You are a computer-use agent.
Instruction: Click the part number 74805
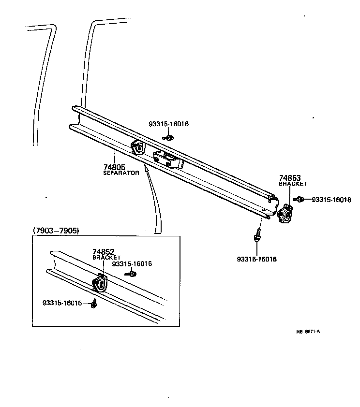[x=114, y=167]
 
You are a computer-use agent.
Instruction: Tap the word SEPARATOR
[x=121, y=173]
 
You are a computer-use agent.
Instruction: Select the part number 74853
[x=289, y=178]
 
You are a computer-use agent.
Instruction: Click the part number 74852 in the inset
[x=103, y=252]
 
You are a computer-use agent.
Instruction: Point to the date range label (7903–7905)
[x=56, y=231]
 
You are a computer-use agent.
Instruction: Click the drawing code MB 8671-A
[x=309, y=332]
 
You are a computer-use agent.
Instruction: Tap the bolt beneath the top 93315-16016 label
[x=168, y=138]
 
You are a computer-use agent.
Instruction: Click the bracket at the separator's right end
[x=285, y=213]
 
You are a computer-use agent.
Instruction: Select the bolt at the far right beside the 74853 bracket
[x=300, y=199]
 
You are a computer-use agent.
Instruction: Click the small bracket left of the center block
[x=138, y=147]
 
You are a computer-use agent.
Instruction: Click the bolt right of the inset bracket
[x=131, y=274]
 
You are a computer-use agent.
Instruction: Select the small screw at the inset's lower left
[x=95, y=303]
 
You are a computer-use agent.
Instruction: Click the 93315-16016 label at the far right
[x=331, y=199]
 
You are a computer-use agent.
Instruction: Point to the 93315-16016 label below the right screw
[x=256, y=260]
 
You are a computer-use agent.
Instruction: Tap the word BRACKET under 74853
[x=293, y=184]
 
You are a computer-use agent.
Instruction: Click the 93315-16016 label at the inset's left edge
[x=62, y=303]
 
